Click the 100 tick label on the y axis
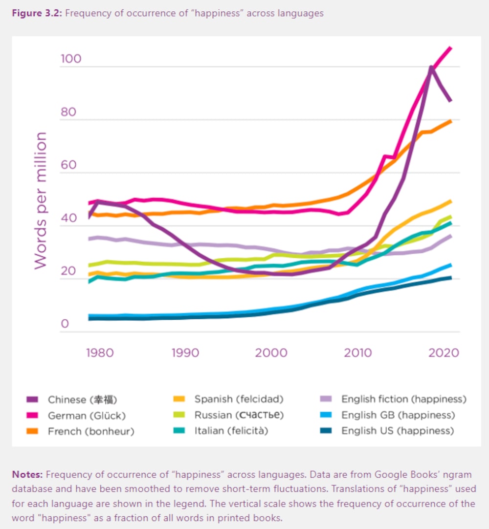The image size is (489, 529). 70,60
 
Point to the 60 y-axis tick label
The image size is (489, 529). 68,165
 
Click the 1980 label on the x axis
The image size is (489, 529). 100,353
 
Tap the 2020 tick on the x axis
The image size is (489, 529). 443,353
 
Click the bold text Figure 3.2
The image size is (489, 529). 37,13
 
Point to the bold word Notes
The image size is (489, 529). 27,474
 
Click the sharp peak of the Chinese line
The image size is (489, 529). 431,67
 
